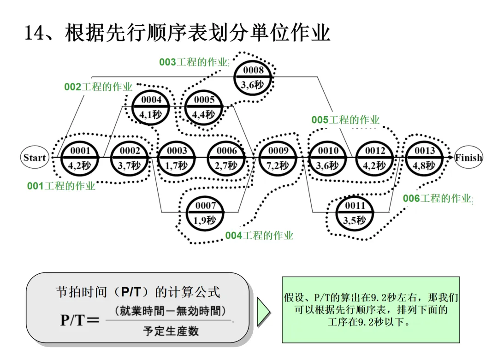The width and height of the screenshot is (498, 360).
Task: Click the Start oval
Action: (35, 158)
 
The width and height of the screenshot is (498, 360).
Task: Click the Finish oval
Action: (468, 158)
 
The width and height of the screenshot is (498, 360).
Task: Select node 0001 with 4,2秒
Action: (80, 158)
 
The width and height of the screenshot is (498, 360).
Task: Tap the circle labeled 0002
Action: (130, 158)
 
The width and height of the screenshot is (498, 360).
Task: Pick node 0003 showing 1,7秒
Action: (177, 158)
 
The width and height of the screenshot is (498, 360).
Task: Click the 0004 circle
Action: (151, 107)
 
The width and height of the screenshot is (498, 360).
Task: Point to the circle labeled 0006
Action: (227, 158)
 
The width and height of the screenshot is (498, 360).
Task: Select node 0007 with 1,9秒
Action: (205, 212)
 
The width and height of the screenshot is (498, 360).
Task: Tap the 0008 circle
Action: (254, 77)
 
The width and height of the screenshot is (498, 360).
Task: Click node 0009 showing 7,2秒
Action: (279, 158)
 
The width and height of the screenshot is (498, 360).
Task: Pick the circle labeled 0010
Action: (328, 158)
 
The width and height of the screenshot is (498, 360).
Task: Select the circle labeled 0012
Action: (375, 158)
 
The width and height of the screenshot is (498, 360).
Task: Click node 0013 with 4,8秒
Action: (425, 158)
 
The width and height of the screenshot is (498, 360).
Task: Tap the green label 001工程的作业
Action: (61, 186)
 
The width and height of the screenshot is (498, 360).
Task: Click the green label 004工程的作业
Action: (259, 236)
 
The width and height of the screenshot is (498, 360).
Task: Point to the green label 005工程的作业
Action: (345, 120)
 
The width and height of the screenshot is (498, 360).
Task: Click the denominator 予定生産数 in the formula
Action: (171, 331)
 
